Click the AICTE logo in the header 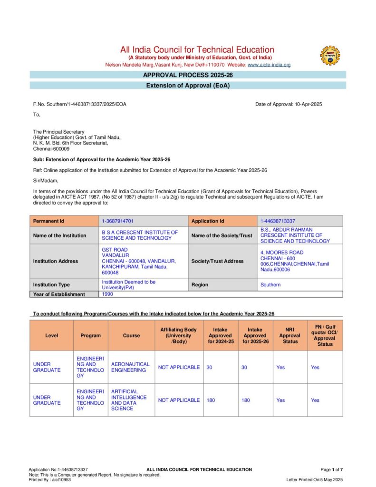point(330,56)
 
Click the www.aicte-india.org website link point(269,65)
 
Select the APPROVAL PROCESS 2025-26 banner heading point(188,75)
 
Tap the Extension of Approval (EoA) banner point(188,86)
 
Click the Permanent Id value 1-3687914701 point(118,221)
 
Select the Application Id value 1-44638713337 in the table point(278,221)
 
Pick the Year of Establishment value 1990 point(107,294)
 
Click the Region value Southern point(270,285)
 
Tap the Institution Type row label point(51,285)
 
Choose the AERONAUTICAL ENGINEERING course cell point(130,367)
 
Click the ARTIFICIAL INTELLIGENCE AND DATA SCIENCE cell point(129,400)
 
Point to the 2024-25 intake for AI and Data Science point(211,400)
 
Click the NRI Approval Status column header point(290,335)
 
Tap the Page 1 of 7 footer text point(332,470)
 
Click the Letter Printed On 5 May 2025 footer point(314,480)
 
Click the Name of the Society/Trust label point(221,235)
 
